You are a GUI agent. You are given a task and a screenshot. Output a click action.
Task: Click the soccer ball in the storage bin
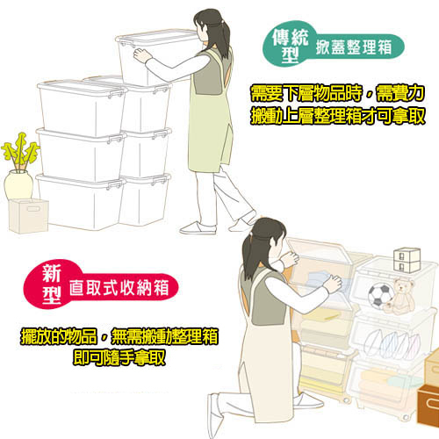pos(381,295)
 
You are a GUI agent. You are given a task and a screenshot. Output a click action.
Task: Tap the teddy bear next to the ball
pos(402,296)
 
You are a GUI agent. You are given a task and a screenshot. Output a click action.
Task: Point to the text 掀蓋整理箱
pos(354,47)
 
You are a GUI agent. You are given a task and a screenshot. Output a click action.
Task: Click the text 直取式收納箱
pos(119,288)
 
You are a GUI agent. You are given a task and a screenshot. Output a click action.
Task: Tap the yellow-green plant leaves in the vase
pos(20,152)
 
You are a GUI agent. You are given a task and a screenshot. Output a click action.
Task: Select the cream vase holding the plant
pos(18,185)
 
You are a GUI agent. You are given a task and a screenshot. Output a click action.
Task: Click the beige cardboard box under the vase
pos(28,215)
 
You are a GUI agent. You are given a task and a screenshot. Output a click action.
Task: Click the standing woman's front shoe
pos(198,228)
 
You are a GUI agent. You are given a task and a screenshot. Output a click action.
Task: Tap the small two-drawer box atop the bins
pos(407,260)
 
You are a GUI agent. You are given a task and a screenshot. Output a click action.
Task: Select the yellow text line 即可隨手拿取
pos(119,357)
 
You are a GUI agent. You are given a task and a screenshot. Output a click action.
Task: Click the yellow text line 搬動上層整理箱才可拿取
pos(338,116)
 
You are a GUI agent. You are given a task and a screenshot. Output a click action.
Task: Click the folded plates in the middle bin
pos(393,343)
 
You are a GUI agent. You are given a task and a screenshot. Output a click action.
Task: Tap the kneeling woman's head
pos(265,237)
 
